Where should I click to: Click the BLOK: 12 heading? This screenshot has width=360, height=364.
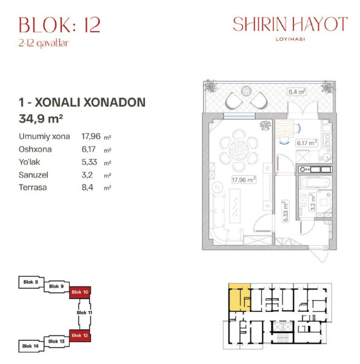point(59,25)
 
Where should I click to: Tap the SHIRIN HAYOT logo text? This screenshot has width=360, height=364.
point(290,24)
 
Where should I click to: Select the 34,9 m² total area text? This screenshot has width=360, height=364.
point(41,119)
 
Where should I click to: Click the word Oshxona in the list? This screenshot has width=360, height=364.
point(35,149)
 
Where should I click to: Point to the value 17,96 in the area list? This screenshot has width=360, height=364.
point(91,136)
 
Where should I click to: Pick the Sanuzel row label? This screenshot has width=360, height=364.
point(33,175)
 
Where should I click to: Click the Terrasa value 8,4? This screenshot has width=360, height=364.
point(87,187)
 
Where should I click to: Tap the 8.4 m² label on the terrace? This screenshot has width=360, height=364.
point(297,92)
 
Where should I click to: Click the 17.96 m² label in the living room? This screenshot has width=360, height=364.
point(244,180)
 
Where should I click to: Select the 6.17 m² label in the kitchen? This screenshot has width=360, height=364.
point(307,143)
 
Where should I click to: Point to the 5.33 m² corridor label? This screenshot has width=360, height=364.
point(285,211)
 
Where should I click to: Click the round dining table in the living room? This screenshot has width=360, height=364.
point(239,150)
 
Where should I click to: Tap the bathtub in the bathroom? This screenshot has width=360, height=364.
point(315,183)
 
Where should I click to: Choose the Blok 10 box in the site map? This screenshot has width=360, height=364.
point(80,292)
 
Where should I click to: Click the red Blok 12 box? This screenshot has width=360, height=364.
point(80,335)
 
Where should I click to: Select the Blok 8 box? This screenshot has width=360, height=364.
point(31,282)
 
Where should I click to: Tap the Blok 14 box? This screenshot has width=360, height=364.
point(31,346)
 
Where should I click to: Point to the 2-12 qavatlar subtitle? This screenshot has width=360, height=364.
point(44,43)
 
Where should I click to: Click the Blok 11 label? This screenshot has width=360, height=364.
point(84,312)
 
